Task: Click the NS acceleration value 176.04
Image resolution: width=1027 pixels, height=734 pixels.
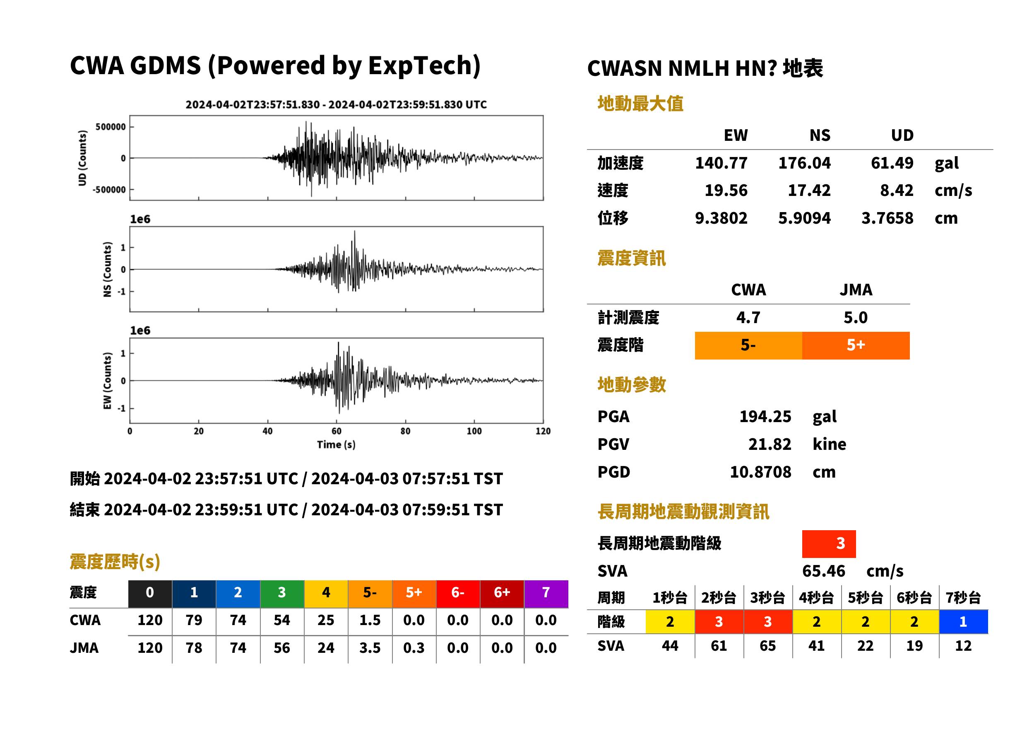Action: coord(804,163)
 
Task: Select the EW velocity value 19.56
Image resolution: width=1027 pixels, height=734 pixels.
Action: coord(726,191)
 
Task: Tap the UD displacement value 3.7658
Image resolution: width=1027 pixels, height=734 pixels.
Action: coord(887,218)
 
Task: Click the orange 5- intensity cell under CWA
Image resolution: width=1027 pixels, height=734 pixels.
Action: coord(748,345)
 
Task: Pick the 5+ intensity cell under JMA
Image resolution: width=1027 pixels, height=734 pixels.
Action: coord(856,345)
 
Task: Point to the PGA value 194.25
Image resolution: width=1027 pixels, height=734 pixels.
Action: coord(765,416)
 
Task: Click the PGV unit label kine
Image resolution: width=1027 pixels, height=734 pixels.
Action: coord(829,444)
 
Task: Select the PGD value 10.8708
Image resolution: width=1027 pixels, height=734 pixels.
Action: coord(760,472)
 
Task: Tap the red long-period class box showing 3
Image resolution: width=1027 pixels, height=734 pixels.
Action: coord(829,544)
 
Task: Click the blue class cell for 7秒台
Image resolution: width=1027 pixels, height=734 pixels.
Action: coord(963,621)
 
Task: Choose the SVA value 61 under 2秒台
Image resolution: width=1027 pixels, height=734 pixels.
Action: coord(719,646)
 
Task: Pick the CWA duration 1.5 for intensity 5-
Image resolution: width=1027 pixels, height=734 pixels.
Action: coord(370,621)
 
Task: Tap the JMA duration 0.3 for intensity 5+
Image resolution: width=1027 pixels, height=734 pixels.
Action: coord(414,648)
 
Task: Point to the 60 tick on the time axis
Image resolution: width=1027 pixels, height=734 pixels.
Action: coord(337,431)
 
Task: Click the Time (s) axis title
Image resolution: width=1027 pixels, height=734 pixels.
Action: coord(336,445)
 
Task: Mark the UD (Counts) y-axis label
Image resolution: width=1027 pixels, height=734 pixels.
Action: coord(82,158)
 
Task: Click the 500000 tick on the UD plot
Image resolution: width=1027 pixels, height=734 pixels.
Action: coord(111,127)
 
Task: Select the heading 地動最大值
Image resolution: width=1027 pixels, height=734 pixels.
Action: coord(640,104)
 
